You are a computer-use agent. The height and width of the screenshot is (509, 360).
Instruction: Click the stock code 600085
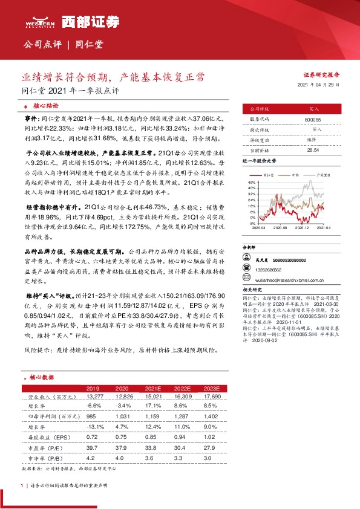[x=296, y=119]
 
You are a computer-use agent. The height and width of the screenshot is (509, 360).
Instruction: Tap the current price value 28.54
[x=296, y=149]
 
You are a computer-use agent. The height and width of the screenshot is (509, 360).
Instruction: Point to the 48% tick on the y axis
[x=252, y=182]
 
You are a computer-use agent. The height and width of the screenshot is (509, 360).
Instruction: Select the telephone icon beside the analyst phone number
[x=246, y=270]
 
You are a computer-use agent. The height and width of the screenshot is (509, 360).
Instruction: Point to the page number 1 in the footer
[x=21, y=485]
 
